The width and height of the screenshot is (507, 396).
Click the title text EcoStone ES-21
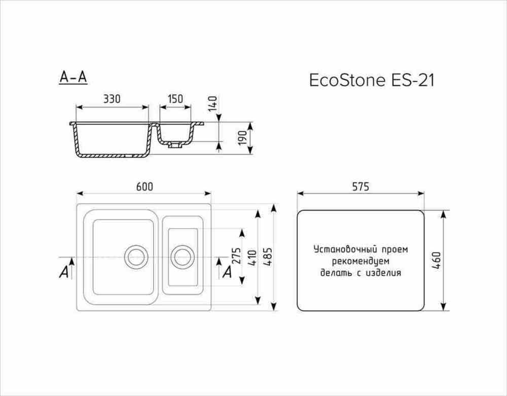tap(372, 81)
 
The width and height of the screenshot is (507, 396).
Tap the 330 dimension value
tap(112, 99)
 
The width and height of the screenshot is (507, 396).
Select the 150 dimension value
tap(175, 99)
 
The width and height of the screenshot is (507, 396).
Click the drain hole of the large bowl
tap(135, 257)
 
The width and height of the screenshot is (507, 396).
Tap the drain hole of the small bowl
tap(182, 257)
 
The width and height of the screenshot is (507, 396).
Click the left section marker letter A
tap(64, 272)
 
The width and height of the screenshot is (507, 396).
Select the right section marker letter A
tap(228, 272)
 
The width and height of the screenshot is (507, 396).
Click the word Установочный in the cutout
tap(339, 250)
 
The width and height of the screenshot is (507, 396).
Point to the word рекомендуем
tap(360, 262)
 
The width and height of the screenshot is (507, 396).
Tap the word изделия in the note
tap(383, 273)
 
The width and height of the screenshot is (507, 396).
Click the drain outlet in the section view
tap(175, 145)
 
